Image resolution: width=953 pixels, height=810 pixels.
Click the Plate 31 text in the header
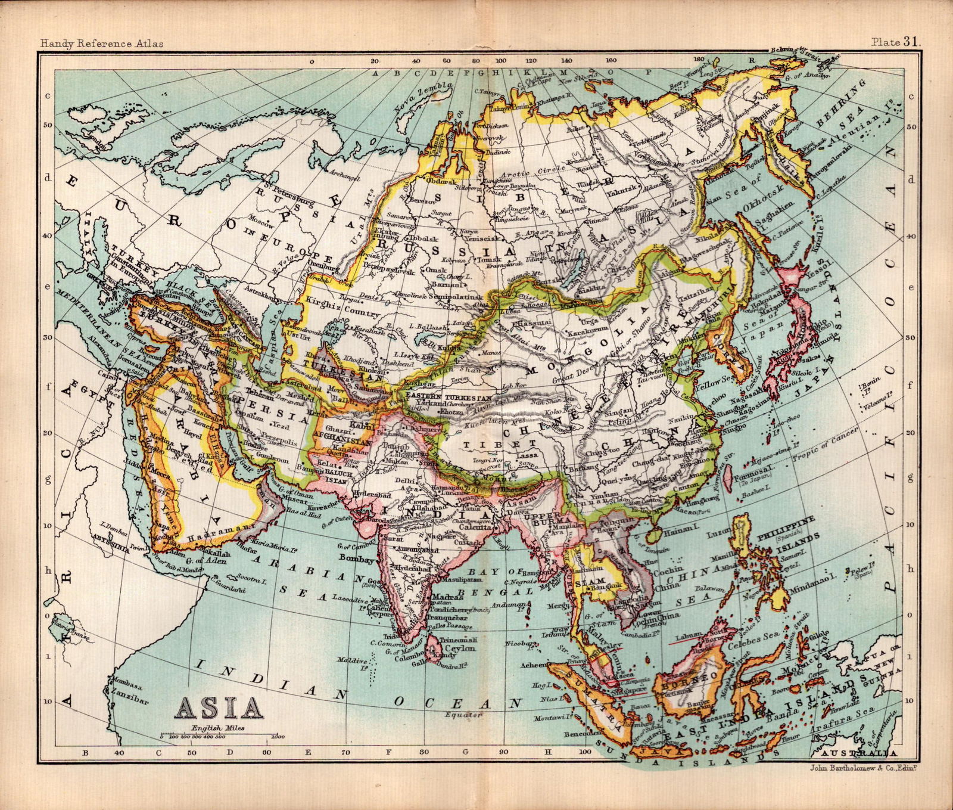896,42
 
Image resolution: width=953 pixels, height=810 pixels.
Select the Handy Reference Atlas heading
101,43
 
